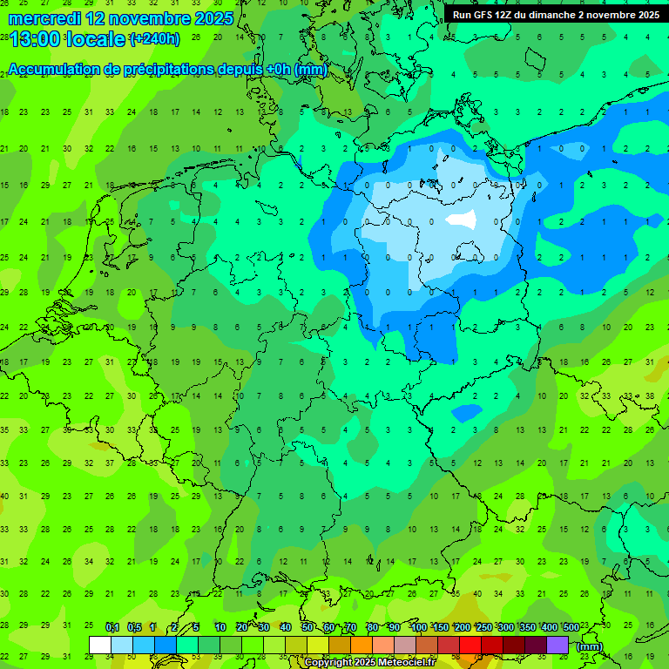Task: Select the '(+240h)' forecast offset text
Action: (154, 39)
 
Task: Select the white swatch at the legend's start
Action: (100, 645)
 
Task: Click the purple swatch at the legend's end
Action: (557, 645)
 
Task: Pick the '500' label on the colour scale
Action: (571, 628)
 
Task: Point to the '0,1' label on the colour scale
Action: (112, 628)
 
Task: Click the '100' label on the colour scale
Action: (419, 628)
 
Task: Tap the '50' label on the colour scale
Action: (307, 628)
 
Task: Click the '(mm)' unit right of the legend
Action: (590, 646)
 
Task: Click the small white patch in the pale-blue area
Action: (461, 220)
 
